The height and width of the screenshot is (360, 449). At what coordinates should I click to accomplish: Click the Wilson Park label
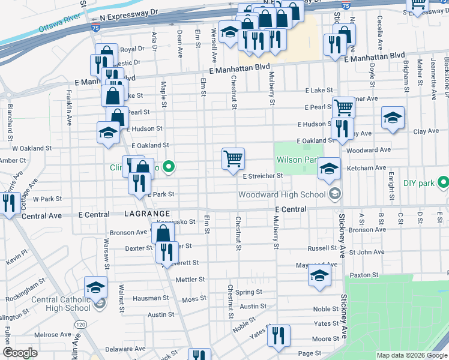tap(297, 160)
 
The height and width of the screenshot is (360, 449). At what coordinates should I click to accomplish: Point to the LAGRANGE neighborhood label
tap(146, 214)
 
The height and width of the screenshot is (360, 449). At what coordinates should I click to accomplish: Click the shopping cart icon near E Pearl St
tap(343, 108)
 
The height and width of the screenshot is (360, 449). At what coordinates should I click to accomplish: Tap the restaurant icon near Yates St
tap(279, 335)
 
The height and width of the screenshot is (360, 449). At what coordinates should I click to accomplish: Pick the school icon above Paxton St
tap(319, 275)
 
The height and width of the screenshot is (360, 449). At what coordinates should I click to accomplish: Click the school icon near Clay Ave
tap(393, 118)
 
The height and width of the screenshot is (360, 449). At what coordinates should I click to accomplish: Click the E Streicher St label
tap(262, 176)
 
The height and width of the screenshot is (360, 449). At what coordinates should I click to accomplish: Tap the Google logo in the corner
tap(20, 353)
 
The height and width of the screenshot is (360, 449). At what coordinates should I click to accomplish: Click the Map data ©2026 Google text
tap(411, 355)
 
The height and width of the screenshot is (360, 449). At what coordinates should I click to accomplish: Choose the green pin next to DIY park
tap(444, 181)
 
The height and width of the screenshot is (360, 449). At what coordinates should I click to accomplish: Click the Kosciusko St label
tap(176, 221)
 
